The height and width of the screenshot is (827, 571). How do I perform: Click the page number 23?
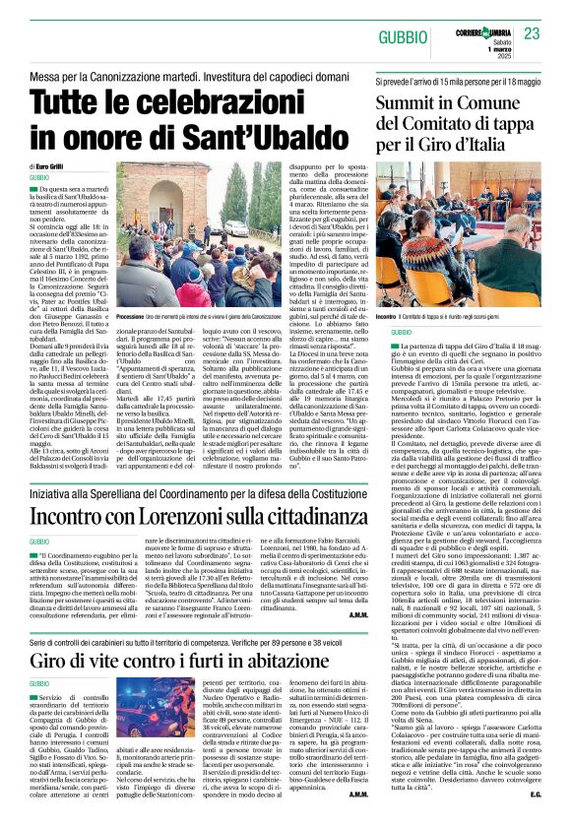[532, 33]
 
